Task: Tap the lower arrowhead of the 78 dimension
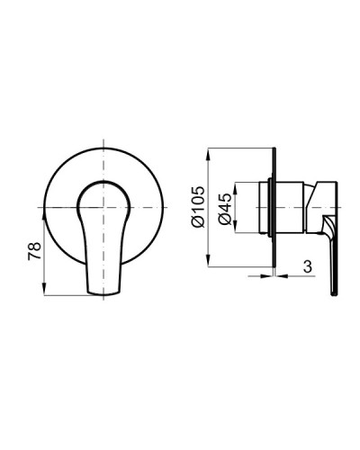44,292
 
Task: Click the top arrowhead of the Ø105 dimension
211,150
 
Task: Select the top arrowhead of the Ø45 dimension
236,184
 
